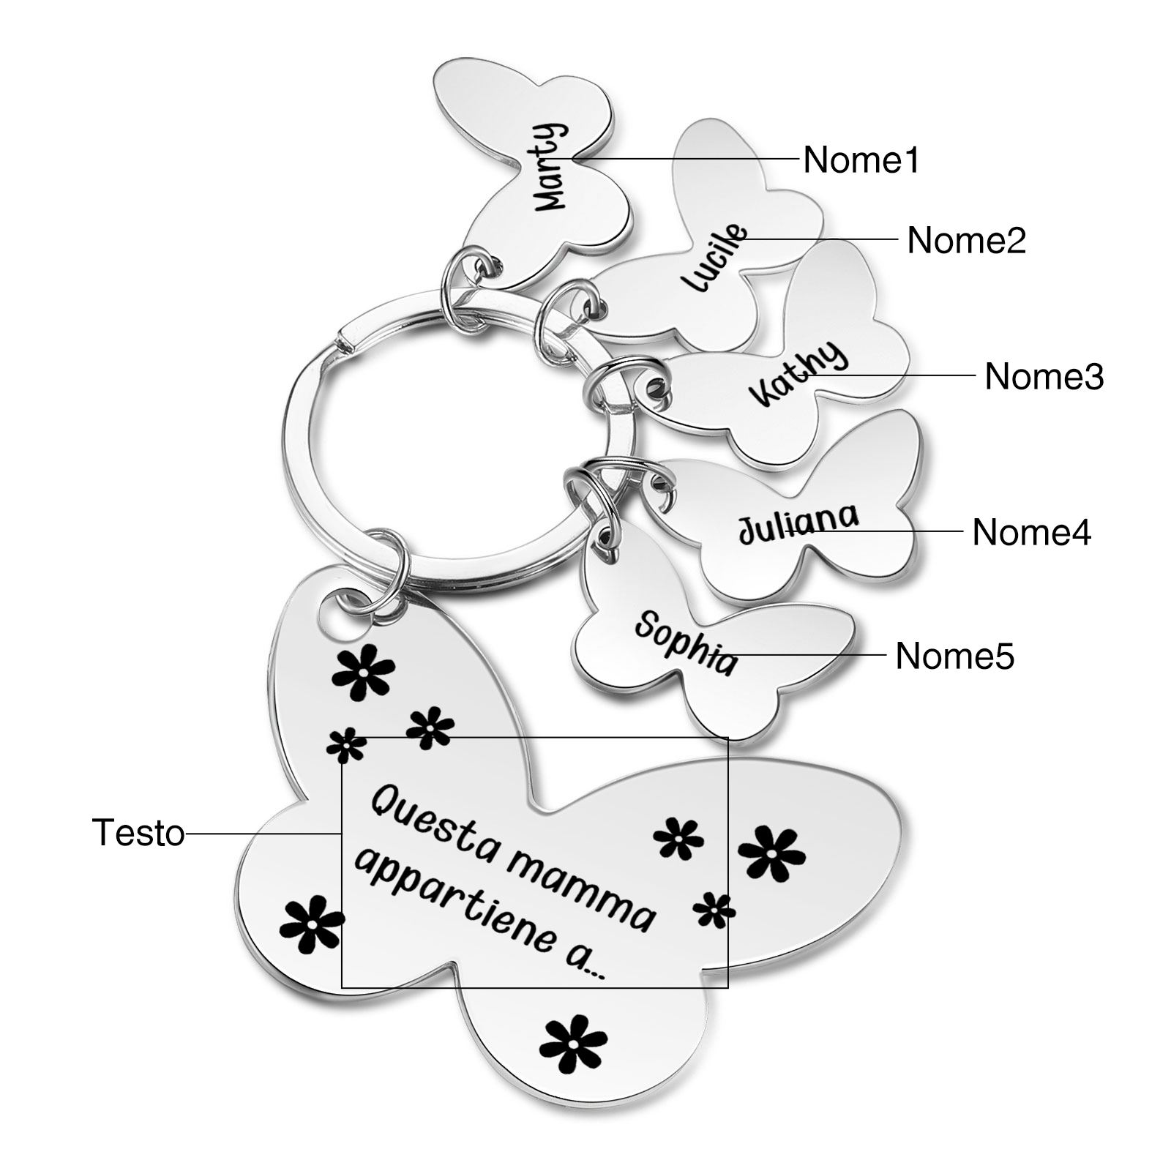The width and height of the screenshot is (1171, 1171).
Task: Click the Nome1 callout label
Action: coord(861,160)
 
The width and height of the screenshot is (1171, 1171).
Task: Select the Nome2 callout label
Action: coord(966,240)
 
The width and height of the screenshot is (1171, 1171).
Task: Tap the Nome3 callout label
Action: coord(1044,376)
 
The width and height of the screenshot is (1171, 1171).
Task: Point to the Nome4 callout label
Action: coord(1031,532)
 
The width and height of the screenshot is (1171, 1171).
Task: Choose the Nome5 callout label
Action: coord(954,656)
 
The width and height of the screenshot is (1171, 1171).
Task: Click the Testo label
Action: coord(138,833)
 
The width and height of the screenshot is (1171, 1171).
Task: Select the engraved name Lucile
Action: coord(714,258)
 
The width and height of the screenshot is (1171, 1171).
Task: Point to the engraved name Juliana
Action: coord(798,523)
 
